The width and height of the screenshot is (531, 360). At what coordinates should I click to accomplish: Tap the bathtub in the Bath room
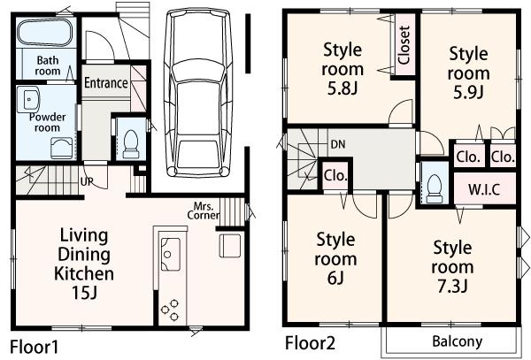45,34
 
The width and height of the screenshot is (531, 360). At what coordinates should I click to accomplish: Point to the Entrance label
106,83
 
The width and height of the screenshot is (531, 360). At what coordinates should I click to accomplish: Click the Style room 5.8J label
342,68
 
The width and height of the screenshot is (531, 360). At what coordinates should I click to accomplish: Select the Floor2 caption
308,342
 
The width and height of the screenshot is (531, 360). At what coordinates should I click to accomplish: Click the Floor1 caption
35,346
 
